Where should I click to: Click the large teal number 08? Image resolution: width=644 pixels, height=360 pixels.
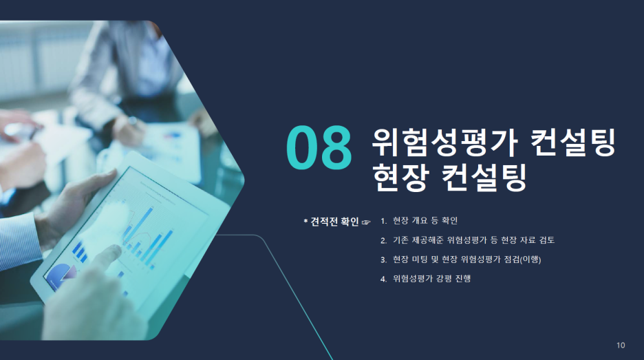tap(319, 147)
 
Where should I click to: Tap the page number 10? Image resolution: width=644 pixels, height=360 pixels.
tap(621, 346)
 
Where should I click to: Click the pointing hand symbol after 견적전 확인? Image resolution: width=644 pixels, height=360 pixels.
tap(366, 222)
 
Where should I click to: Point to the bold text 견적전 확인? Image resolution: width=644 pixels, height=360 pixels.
tap(335, 222)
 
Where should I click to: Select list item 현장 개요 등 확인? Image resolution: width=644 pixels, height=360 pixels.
tap(425, 221)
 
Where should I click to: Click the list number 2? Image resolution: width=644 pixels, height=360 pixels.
tap(383, 241)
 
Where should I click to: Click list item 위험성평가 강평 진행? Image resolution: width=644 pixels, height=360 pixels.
tap(431, 279)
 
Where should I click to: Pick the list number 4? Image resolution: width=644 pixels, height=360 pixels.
tap(383, 279)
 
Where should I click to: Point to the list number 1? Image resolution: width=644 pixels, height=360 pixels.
tap(383, 222)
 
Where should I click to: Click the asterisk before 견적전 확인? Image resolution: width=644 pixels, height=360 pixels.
tap(305, 222)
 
